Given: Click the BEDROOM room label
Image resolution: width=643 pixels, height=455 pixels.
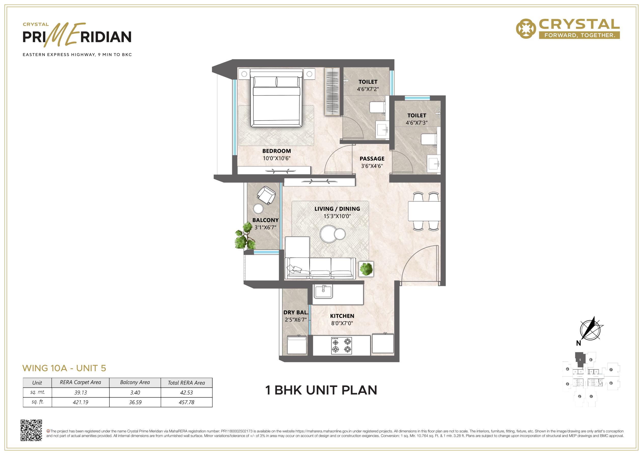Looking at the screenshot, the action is (x=276, y=151).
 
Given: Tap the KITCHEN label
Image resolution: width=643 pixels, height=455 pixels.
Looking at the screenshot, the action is (x=342, y=316).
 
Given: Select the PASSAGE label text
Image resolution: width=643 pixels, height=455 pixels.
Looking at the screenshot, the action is (x=372, y=159).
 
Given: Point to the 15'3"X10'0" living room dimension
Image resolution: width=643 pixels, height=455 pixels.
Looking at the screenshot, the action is (x=337, y=216).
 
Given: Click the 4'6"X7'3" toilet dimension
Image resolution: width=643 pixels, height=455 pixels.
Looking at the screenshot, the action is (x=417, y=123).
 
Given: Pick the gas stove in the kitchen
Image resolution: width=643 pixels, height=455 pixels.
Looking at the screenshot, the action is (x=342, y=345).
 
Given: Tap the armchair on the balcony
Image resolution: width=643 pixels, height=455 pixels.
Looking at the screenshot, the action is (x=266, y=195).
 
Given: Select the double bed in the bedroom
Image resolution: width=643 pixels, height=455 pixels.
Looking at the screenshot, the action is (x=276, y=98).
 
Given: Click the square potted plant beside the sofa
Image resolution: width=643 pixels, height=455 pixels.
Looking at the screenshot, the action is (x=366, y=269).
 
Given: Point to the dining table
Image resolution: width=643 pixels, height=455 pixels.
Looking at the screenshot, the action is (x=424, y=211).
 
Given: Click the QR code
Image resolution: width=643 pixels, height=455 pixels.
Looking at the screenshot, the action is (x=31, y=430).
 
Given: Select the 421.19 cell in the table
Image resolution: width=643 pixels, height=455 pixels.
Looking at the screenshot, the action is (x=80, y=402).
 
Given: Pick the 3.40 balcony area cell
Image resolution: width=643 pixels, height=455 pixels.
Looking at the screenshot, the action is (x=135, y=393).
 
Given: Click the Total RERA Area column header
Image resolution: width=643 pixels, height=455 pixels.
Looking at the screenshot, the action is (x=186, y=383).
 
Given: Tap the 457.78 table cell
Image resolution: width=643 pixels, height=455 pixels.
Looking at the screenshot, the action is (x=187, y=402).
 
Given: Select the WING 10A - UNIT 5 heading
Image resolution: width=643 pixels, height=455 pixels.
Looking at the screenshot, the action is (x=64, y=368).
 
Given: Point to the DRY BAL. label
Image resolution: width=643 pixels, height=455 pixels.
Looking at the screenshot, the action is (x=296, y=313).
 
